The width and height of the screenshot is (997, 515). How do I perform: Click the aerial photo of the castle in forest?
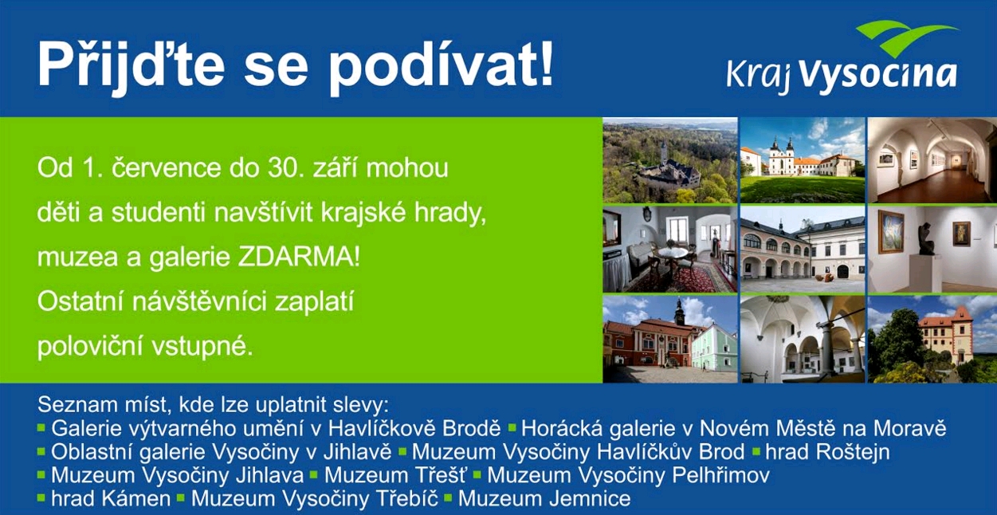(x=670, y=160)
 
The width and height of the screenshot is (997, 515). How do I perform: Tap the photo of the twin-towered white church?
(x=803, y=160)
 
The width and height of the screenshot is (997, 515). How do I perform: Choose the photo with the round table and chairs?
(x=670, y=250)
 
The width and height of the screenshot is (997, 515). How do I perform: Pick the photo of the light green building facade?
(x=670, y=339)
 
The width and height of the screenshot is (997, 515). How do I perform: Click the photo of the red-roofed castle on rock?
(x=932, y=339)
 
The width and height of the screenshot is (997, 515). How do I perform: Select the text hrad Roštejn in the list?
(x=827, y=452)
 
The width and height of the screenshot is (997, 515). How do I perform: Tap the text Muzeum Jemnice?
(x=544, y=498)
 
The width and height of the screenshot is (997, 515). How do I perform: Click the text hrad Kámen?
(x=111, y=498)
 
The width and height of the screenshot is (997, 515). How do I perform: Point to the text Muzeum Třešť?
(x=394, y=475)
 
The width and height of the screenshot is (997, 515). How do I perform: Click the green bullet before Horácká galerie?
(x=512, y=428)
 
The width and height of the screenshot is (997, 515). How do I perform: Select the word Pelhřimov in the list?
(x=720, y=475)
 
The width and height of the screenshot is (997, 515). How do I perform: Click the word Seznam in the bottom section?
(x=70, y=405)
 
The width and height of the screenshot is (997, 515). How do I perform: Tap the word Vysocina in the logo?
(x=878, y=76)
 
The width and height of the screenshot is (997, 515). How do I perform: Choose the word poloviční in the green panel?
(x=90, y=347)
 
